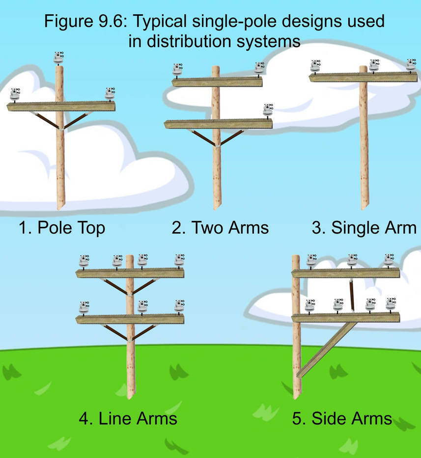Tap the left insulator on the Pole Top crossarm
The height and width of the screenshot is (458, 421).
point(15,95)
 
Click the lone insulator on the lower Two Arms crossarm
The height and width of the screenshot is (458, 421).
point(267,111)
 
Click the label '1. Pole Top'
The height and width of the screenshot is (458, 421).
point(61,228)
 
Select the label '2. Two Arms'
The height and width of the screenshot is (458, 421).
point(220,228)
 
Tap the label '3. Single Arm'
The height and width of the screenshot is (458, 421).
point(364,228)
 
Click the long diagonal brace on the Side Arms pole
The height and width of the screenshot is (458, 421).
point(327,350)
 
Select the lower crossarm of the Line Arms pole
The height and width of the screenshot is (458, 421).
point(130,319)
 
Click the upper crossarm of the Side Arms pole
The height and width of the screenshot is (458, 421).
point(346,273)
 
